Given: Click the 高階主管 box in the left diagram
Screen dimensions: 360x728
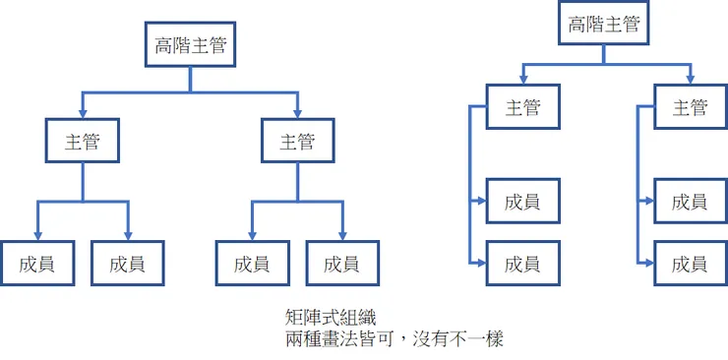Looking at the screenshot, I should click(x=190, y=44).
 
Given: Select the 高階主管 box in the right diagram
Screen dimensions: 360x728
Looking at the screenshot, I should click(x=604, y=25).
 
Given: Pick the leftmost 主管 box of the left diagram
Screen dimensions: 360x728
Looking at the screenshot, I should click(x=83, y=141).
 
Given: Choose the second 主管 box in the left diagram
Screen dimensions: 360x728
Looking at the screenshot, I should click(x=297, y=141).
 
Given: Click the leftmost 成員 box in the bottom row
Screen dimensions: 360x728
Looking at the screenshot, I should click(x=35, y=263).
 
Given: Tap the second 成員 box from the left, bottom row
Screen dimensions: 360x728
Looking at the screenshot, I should click(x=127, y=263).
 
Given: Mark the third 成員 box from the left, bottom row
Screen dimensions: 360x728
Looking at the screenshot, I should click(x=252, y=263).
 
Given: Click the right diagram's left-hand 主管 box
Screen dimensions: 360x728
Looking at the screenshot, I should click(x=522, y=107).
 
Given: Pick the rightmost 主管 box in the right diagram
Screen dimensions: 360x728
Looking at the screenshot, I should click(x=690, y=107).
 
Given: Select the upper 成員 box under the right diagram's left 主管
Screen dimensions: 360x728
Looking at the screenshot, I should click(x=522, y=202).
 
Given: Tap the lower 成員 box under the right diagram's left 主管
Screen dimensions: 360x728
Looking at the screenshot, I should click(x=522, y=263).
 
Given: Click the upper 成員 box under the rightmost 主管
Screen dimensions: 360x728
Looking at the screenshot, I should click(x=690, y=202).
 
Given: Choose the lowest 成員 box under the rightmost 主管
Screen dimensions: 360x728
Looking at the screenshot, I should click(x=690, y=263).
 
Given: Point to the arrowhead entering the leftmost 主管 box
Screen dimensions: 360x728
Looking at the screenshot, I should click(x=83, y=110).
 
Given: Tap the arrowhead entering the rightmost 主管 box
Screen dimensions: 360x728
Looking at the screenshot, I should click(x=691, y=78).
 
